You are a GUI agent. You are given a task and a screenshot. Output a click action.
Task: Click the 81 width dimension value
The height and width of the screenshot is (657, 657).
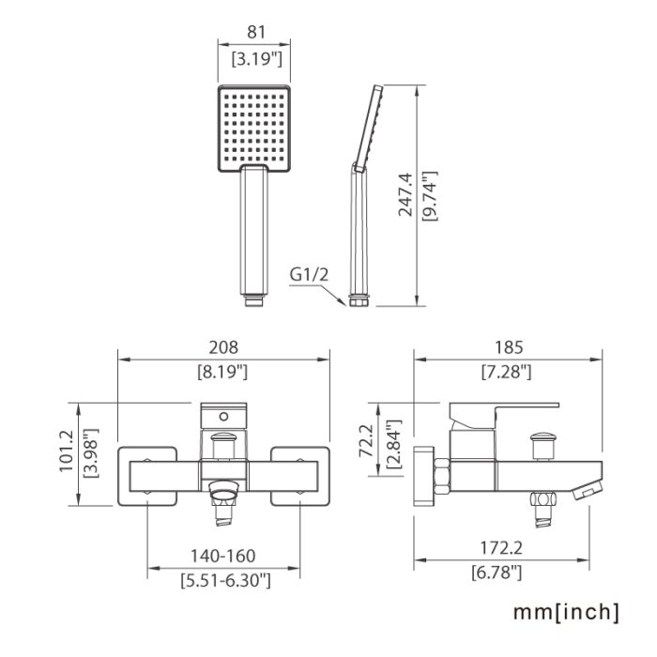pos(256,32)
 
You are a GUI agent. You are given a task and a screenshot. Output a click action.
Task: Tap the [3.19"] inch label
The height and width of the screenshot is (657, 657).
pos(257,58)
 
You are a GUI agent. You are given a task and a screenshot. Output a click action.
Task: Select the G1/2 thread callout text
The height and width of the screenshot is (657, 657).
pos(309,274)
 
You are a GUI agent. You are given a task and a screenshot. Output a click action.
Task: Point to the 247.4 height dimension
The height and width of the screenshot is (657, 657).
pos(405,195)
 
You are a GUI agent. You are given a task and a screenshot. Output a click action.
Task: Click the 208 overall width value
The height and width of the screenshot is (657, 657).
pos(223,347)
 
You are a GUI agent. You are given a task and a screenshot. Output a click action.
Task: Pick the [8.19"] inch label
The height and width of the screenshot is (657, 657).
pos(222,372)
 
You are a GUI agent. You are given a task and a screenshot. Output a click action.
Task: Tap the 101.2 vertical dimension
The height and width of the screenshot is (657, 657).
pos(67,451)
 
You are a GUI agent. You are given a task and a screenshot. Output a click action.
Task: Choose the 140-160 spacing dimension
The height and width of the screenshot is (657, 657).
pos(223,556)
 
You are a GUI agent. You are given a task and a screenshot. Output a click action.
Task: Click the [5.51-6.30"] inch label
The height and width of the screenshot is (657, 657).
pos(225,580)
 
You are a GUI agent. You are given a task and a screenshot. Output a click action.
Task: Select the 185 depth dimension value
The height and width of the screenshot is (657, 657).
pos(509,347)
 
